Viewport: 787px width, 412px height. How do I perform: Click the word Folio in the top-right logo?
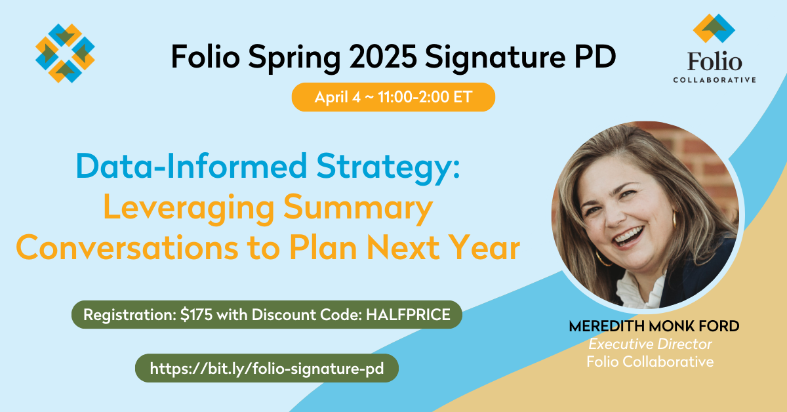click(714, 62)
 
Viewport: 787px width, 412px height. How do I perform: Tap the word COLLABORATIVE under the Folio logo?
click(714, 80)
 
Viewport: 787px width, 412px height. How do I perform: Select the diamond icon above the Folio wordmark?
click(714, 28)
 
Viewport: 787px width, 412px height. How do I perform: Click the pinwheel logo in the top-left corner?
click(65, 53)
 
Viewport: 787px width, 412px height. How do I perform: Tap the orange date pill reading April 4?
click(393, 97)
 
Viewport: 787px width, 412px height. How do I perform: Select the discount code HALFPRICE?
click(408, 315)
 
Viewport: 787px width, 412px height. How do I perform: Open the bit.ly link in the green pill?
click(266, 368)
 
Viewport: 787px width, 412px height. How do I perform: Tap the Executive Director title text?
click(650, 344)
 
